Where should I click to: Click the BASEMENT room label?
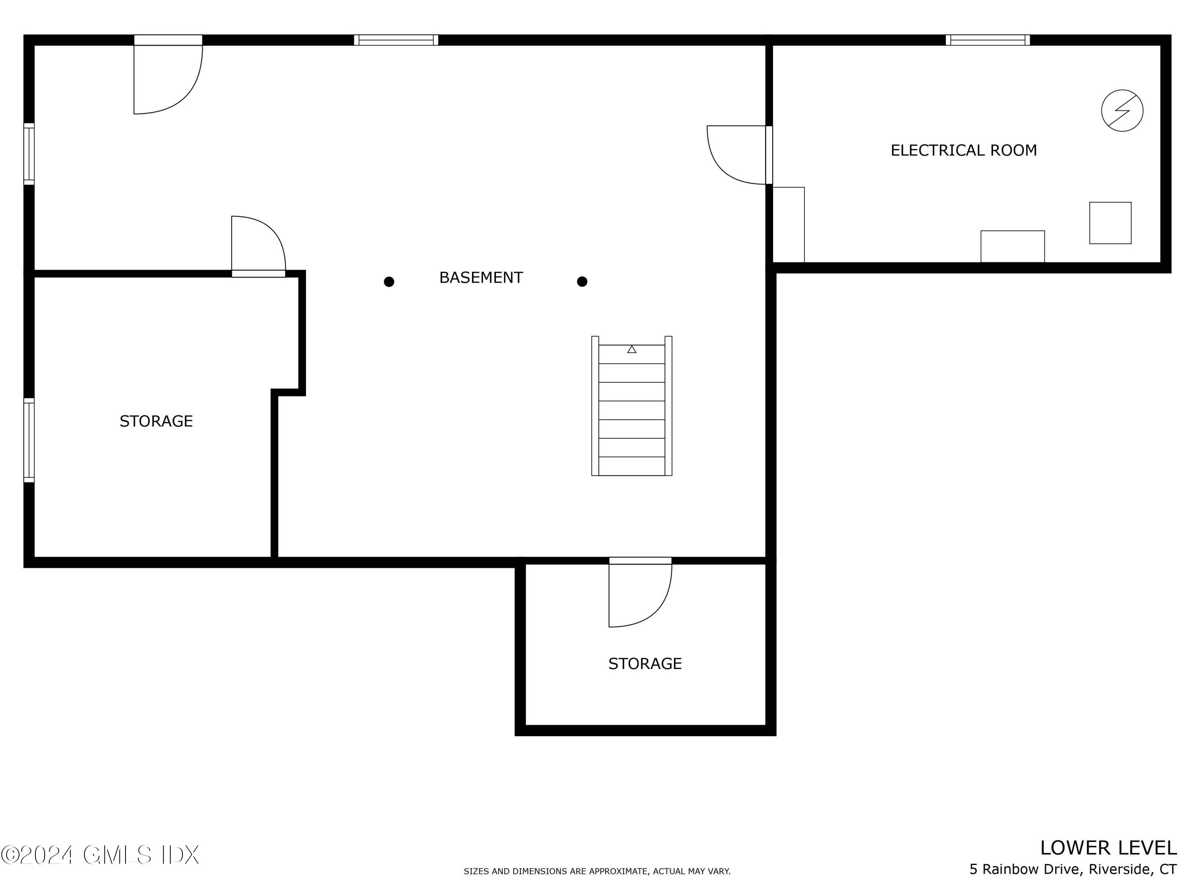coord(481,278)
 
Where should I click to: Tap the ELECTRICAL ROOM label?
coord(963,150)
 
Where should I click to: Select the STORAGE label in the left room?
coord(156,421)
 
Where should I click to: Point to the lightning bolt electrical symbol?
coord(1122,110)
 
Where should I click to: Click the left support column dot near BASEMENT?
coord(389,282)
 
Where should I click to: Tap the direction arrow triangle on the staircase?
coord(631,349)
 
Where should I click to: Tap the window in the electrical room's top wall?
coord(987,40)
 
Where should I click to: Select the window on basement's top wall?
coord(396,40)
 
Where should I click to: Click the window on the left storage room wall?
coord(29,440)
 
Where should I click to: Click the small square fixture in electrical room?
coord(1110,223)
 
